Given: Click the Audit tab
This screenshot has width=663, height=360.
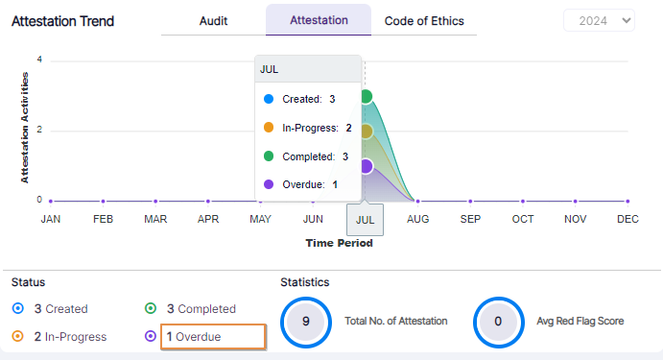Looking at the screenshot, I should tap(213, 20).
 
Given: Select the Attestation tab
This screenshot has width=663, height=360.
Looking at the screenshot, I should tap(318, 20).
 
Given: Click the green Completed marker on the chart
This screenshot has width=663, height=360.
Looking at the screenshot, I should tap(365, 96).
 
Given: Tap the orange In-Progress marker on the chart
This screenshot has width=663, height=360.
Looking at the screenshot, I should tap(365, 132).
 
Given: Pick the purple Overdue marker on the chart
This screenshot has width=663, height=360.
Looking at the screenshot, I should tap(365, 166).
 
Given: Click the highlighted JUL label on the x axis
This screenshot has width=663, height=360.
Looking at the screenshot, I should tap(365, 219).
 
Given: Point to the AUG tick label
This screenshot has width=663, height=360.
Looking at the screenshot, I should tap(417, 219).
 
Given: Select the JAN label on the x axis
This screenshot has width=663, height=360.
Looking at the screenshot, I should tap(51, 219).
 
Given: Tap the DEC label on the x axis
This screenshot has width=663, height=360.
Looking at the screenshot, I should tap(627, 219).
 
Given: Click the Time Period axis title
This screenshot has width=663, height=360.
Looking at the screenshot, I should tap(339, 244).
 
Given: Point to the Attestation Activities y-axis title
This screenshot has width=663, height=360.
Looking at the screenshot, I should tap(26, 131).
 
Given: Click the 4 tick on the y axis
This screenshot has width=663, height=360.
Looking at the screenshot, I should tap(39, 60).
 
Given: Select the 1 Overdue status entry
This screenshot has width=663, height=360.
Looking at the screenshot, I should tap(212, 337).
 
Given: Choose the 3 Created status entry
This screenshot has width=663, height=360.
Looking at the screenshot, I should tap(60, 309).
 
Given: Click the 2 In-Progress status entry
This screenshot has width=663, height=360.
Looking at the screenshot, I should tap(70, 337).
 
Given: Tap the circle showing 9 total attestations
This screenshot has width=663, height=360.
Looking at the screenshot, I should tap(305, 322).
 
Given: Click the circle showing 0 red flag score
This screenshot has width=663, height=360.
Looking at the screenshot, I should tap(497, 322).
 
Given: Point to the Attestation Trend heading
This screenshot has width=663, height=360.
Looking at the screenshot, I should tap(62, 21).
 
